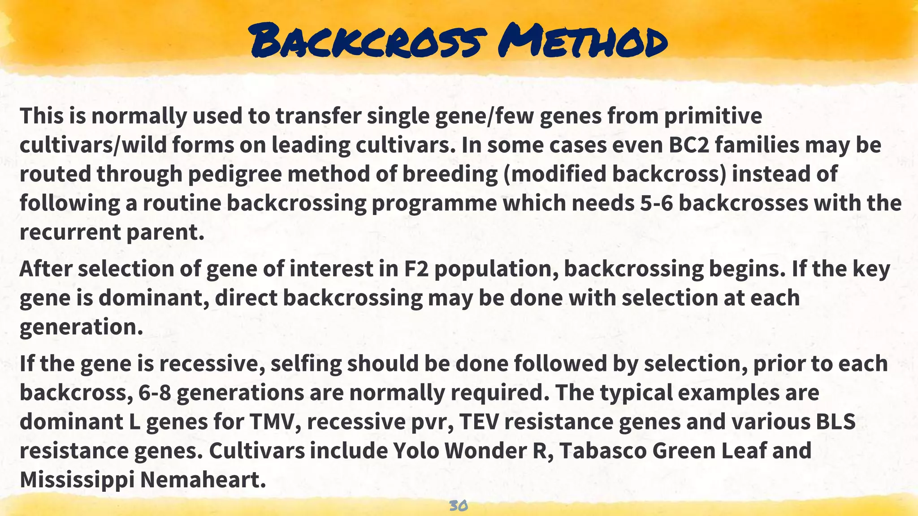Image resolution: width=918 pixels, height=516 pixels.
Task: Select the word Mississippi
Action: pos(77,479)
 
